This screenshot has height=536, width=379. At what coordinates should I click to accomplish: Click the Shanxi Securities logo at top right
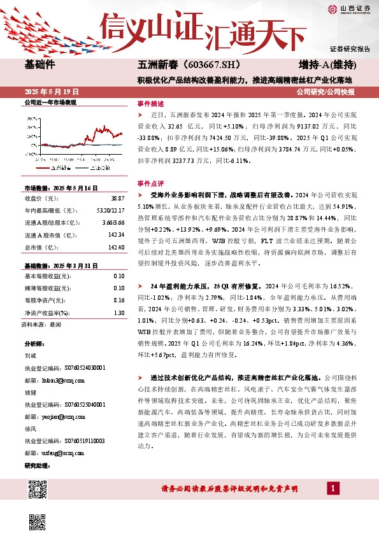coord(349,9)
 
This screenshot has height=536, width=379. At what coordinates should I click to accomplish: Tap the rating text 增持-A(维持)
coord(327,66)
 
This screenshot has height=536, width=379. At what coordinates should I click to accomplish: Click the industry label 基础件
coord(39,66)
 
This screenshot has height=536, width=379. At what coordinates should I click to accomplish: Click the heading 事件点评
coord(150,183)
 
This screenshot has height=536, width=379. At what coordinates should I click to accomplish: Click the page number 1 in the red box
coord(333,506)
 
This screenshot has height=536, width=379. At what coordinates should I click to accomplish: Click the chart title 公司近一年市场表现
coord(50,102)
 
